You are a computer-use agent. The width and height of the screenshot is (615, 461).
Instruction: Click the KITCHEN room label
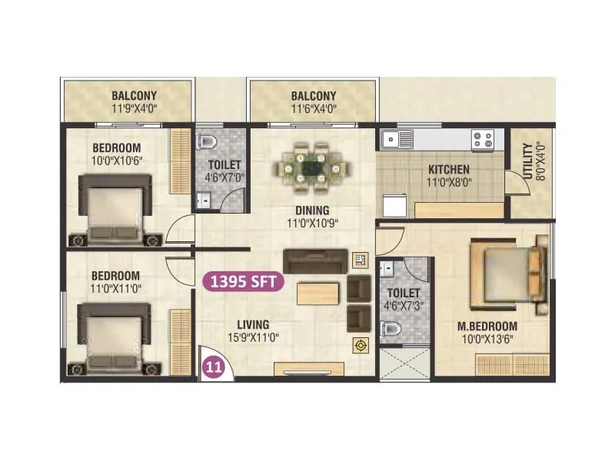tap(449, 170)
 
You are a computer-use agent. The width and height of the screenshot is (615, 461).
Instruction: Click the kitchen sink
tap(398, 139)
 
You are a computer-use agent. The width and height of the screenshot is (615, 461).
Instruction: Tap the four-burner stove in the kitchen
tap(483, 139)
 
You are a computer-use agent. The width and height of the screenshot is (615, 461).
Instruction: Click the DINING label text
tap(311, 211)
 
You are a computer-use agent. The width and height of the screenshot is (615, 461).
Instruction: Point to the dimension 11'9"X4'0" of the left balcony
tap(135, 109)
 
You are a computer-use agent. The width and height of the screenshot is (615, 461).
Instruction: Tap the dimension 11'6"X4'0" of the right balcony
tap(313, 109)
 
